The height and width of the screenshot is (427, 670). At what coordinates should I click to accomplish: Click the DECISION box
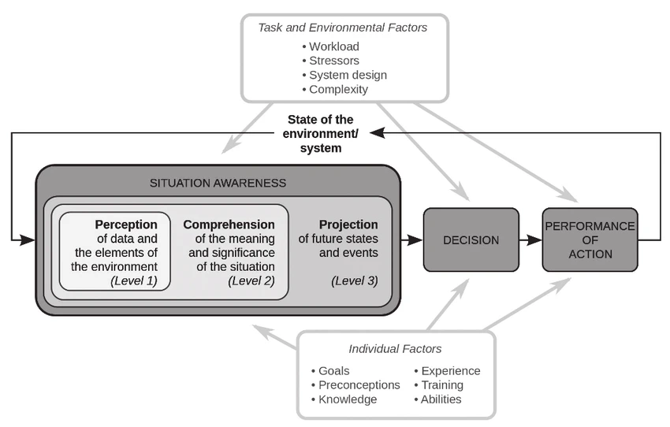point(471,240)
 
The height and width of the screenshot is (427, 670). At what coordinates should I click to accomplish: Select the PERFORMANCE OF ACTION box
point(590,240)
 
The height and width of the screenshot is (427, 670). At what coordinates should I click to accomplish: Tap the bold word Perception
point(126,225)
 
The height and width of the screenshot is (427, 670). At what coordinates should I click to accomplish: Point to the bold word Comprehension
point(229,225)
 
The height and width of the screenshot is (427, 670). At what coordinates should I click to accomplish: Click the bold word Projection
point(348,225)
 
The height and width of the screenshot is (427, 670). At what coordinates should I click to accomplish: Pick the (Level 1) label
point(134,280)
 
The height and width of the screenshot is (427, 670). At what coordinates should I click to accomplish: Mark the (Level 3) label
point(355,280)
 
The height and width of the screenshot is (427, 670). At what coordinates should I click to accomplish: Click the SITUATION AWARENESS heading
point(218,184)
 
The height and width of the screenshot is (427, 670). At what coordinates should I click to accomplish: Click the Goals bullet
point(333,371)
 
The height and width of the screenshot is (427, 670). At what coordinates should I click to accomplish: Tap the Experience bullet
point(450,371)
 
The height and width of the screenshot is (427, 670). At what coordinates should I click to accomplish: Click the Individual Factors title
point(395,349)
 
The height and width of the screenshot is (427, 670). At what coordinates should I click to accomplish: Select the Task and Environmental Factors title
point(343,28)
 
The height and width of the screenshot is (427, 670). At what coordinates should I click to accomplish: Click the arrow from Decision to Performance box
point(530,240)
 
